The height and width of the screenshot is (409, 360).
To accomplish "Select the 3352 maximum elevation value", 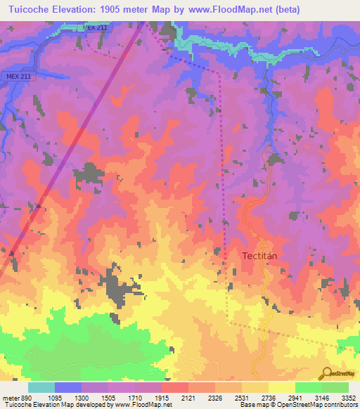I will (348, 397).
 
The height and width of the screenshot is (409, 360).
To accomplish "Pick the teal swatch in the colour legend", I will (41, 387).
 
